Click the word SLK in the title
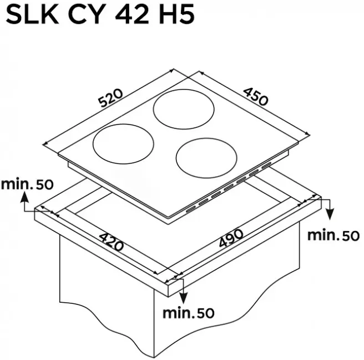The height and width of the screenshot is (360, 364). [x=32, y=15]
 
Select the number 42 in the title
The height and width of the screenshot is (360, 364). [x=132, y=15]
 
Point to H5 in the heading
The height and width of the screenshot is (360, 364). [x=176, y=15]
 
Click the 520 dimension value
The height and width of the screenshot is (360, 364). [x=111, y=98]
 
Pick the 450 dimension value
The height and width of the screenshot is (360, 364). [x=256, y=96]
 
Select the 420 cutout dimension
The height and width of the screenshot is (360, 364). [x=111, y=242]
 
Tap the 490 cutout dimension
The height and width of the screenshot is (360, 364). [x=231, y=238]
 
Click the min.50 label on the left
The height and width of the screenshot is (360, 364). [x=27, y=184]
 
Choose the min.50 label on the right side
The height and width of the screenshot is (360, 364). [x=333, y=236]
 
